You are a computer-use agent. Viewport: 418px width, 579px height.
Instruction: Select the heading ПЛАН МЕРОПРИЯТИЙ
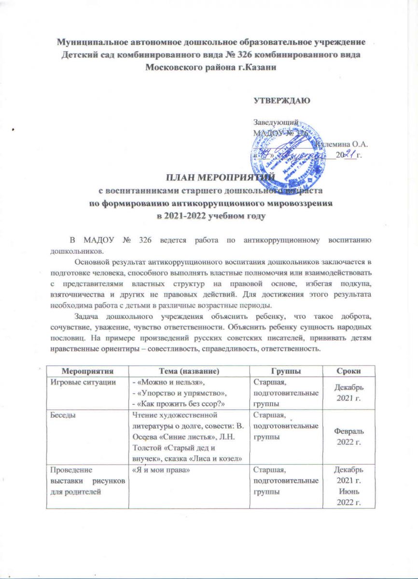(209, 178)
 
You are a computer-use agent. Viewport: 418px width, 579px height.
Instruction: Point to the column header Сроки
(349, 370)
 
